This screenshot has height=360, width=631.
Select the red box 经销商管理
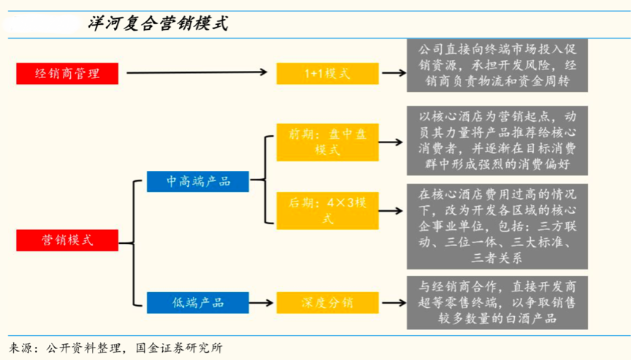coord(67,73)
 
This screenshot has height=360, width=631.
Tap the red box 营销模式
coord(67,240)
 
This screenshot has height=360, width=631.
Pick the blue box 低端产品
coord(198,302)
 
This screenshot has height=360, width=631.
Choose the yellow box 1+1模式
coord(327,73)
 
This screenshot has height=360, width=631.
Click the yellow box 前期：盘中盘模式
coord(327,142)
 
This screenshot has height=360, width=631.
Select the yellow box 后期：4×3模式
coord(327,210)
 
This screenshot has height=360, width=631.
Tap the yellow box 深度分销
coord(327,302)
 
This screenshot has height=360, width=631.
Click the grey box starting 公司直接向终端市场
coord(497,66)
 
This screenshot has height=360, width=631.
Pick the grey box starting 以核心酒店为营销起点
coord(497,141)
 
